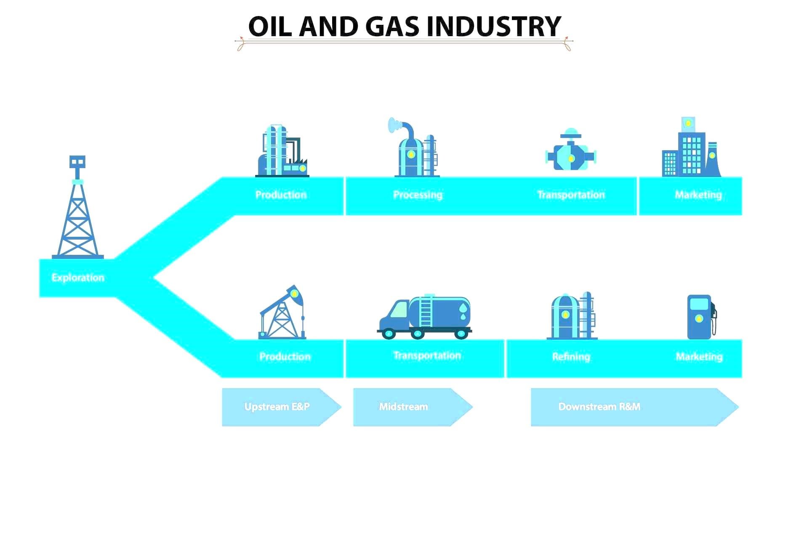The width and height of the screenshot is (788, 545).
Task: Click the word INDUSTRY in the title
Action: [494, 26]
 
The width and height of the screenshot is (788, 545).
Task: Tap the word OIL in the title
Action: [269, 26]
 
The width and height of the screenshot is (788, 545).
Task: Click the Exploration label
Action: [78, 278]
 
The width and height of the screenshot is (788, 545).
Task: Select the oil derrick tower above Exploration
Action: [78, 207]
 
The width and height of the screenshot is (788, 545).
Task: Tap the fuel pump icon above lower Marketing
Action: [702, 317]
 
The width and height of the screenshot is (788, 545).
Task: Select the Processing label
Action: [418, 195]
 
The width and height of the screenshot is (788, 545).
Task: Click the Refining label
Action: [571, 357]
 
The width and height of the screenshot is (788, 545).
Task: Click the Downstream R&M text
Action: [599, 407]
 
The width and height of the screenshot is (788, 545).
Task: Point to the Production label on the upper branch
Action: [281, 195]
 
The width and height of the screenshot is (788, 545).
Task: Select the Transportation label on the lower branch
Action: [427, 356]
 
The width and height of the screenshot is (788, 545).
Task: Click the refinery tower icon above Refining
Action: [572, 316]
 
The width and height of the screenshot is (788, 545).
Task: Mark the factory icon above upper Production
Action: [282, 151]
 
